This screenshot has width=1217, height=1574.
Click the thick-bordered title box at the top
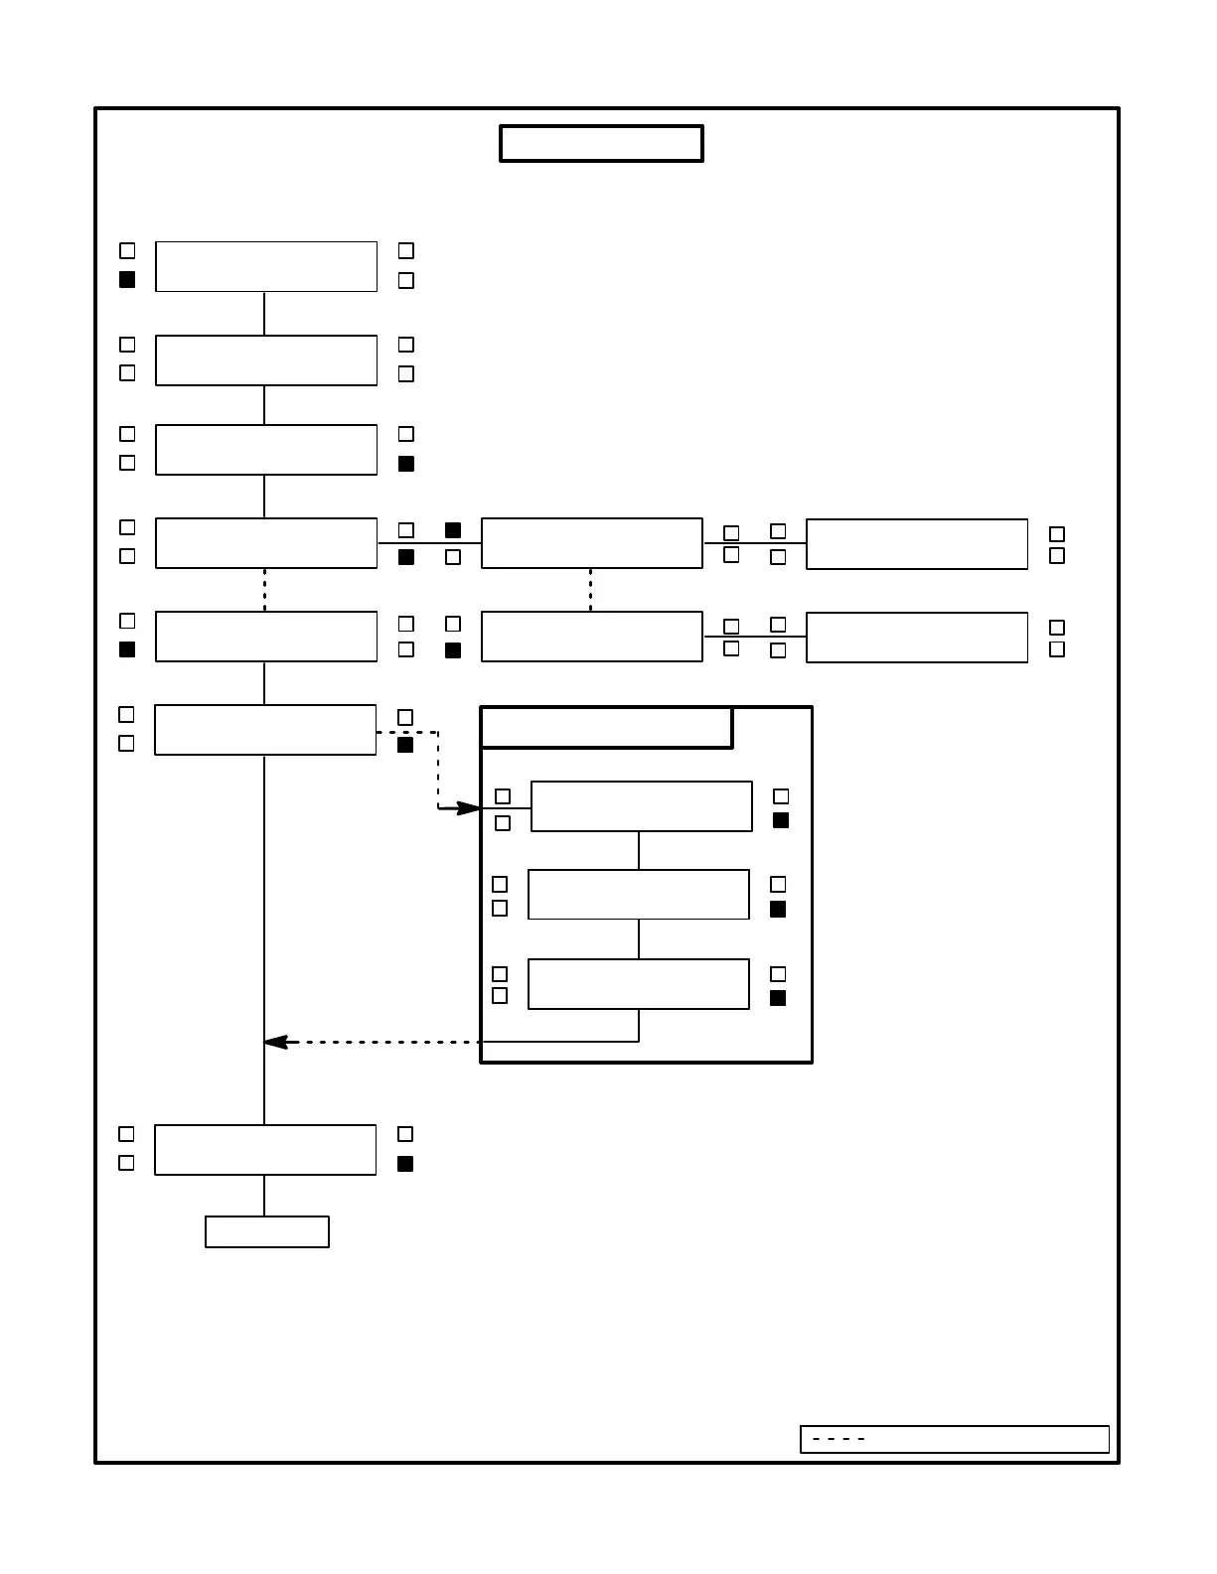point(601,143)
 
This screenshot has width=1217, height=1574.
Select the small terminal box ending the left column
point(266,1231)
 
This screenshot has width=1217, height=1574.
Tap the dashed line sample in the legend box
point(838,1439)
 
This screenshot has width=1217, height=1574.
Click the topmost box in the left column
point(266,266)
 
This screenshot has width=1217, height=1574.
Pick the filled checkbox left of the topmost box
point(127,280)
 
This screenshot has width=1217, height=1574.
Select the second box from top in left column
point(266,360)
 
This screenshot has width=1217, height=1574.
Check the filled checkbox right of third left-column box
point(406,464)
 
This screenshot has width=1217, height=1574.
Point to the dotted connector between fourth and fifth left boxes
point(264,590)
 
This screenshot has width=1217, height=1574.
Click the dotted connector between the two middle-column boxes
point(590,590)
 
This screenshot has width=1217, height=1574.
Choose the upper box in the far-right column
point(916,544)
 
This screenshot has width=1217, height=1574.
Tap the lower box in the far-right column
point(916,638)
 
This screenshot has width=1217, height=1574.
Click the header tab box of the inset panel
point(606,728)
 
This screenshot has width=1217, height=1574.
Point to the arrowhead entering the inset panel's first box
point(469,808)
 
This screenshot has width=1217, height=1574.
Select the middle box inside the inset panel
point(638,895)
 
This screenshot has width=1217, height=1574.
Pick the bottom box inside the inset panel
point(638,984)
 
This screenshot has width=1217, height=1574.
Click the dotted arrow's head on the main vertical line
point(275,1042)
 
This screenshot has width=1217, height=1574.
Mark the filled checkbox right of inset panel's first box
point(781,820)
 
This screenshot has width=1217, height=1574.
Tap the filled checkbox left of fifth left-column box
point(127,649)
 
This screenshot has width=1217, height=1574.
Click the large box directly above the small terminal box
point(265,1150)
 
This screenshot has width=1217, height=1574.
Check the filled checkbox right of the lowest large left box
point(405,1164)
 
